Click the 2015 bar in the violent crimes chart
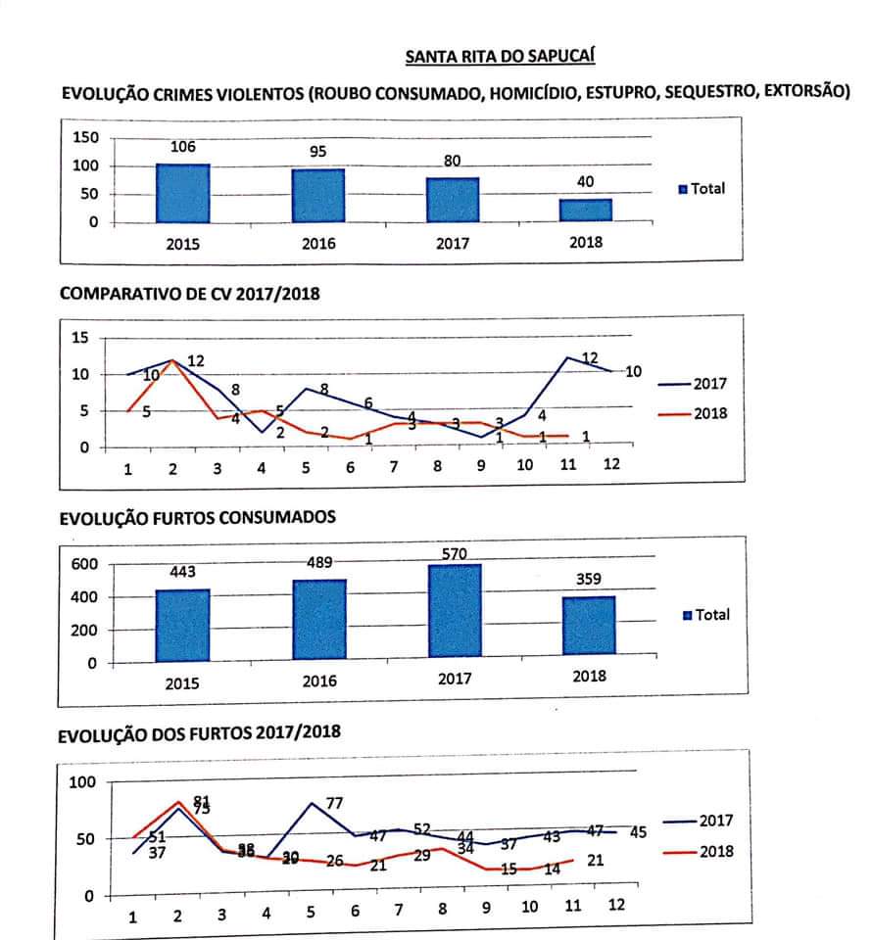pos(182,193)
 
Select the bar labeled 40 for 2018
pos(586,211)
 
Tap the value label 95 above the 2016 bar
pos(317,152)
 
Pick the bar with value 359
pos(588,624)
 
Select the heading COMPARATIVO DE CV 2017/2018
pos(190,293)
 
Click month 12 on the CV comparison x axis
pos(611,464)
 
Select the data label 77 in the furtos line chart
pos(334,804)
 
